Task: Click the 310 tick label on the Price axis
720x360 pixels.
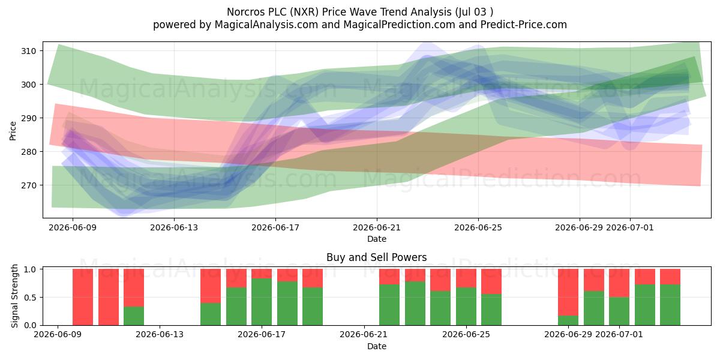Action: click(x=28, y=51)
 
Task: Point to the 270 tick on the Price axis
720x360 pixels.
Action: click(x=28, y=185)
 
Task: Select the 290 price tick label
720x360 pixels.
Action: click(x=28, y=118)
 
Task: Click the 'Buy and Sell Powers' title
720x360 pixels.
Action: click(x=376, y=257)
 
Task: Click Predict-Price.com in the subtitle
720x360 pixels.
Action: click(x=524, y=25)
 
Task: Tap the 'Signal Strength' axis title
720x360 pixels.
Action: click(x=14, y=296)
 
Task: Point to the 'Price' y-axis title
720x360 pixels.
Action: click(x=13, y=131)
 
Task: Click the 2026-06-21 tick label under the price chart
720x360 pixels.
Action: click(x=377, y=227)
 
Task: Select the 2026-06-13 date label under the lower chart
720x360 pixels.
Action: click(x=160, y=335)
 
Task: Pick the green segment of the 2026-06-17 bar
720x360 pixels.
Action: click(x=262, y=302)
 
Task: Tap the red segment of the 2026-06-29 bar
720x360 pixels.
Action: click(x=568, y=292)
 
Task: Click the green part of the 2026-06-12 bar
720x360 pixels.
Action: click(x=134, y=316)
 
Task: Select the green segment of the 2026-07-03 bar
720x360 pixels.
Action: click(x=670, y=305)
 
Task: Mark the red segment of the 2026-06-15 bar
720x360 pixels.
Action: click(x=211, y=286)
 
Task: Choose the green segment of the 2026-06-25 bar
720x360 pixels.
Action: click(x=491, y=310)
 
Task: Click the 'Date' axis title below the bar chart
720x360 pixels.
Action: click(x=377, y=347)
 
